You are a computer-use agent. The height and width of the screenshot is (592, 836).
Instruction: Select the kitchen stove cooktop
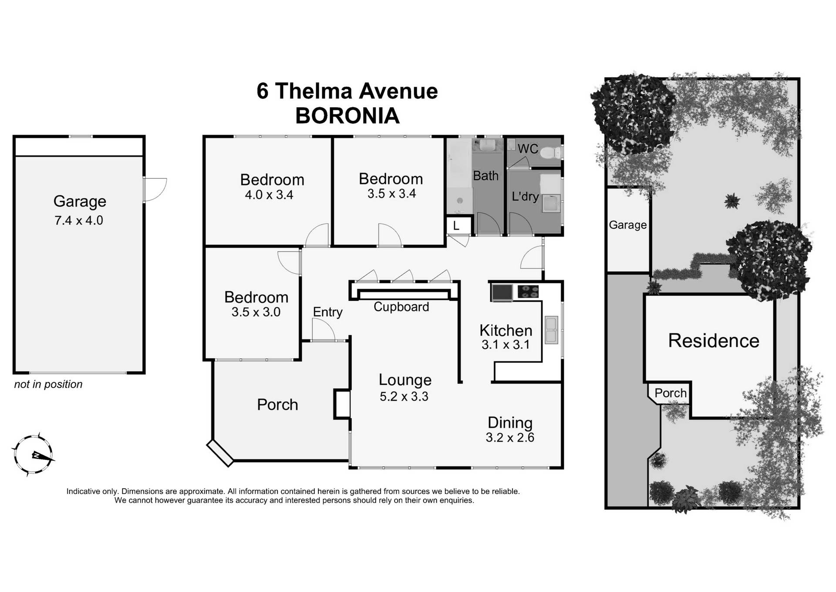[528, 292]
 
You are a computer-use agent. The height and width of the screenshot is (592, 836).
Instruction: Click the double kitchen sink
[551, 330]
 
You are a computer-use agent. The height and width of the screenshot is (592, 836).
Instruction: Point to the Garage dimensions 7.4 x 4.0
[78, 221]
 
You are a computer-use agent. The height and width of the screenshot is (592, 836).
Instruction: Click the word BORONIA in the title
[347, 116]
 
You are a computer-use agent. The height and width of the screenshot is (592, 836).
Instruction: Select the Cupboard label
[401, 307]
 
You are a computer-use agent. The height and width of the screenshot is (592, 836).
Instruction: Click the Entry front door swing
[323, 330]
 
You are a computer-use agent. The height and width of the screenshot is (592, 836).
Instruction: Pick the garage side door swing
[154, 190]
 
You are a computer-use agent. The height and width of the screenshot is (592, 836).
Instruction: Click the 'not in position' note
[48, 384]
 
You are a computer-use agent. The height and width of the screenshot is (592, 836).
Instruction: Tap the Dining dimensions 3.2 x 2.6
[509, 437]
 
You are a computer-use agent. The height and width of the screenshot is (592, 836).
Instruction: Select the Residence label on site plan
[713, 340]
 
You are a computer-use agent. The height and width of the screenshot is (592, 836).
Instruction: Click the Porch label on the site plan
[670, 393]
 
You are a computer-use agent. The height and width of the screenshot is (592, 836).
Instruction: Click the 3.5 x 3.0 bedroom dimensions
[256, 312]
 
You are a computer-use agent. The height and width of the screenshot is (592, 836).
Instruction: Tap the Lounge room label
[405, 380]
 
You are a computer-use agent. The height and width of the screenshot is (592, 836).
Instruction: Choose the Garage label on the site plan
[627, 225]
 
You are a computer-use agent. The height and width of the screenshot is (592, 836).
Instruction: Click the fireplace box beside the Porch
[342, 404]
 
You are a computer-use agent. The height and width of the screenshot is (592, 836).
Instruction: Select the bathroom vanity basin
[487, 145]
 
